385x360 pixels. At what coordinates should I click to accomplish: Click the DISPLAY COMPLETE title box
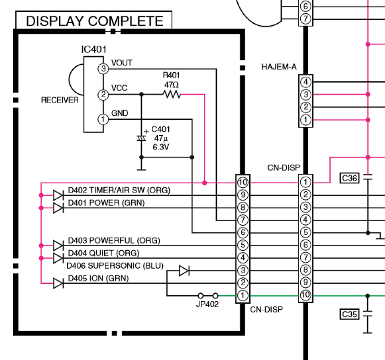point(94,21)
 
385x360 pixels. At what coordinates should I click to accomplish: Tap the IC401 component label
point(94,50)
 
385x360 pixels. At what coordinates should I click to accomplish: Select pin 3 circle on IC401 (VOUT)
point(103,69)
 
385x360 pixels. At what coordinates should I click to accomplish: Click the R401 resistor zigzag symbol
point(172,94)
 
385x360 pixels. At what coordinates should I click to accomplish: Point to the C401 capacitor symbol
point(141,138)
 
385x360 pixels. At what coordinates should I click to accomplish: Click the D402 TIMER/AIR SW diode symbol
point(58,196)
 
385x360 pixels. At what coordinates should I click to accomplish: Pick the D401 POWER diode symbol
point(58,208)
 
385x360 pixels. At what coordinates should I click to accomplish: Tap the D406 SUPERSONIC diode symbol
point(184,270)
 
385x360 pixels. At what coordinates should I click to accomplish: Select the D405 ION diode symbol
point(58,283)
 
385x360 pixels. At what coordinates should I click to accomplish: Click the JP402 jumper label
point(207,304)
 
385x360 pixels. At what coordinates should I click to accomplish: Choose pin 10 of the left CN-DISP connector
point(243,182)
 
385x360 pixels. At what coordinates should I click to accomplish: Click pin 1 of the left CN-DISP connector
point(243,296)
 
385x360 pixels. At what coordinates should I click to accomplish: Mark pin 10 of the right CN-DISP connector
point(305,295)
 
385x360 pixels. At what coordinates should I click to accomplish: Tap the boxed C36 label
point(349,178)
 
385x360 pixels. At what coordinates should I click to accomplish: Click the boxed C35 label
point(349,314)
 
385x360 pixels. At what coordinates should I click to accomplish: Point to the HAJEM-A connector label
point(279,67)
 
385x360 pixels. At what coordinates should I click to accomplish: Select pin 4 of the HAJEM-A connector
point(306,82)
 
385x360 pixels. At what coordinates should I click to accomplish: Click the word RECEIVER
point(59,100)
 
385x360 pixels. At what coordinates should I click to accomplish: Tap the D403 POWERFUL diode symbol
point(58,245)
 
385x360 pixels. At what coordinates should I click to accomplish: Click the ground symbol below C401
point(141,169)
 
